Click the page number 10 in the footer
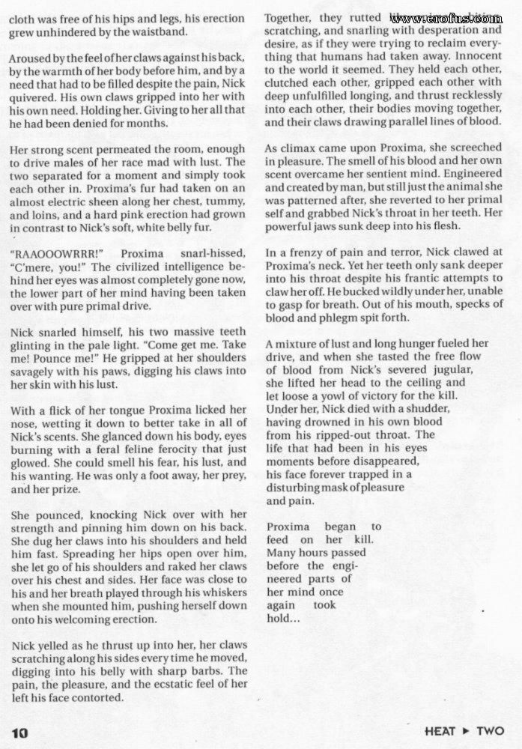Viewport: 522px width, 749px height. pos(19,732)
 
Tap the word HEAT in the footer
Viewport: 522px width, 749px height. pos(441,731)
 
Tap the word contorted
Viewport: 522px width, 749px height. pos(98,697)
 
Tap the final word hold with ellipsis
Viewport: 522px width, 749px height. pos(284,619)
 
